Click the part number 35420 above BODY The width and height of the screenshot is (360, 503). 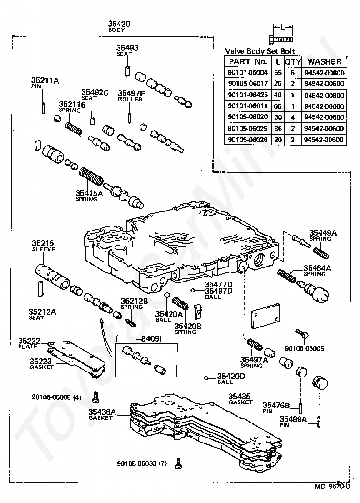tap(119, 24)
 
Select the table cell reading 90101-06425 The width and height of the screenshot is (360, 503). tap(247, 95)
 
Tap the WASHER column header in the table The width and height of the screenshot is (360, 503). tap(325, 61)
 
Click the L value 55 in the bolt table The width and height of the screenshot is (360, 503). tap(278, 73)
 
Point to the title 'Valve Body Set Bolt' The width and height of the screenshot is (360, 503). tap(260, 51)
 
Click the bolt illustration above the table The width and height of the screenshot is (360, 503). tap(280, 40)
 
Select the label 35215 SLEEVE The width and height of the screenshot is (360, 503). tap(43, 246)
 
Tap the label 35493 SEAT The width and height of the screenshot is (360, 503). tap(127, 50)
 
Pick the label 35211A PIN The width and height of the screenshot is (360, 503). tap(45, 83)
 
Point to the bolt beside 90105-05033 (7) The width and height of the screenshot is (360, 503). tap(179, 463)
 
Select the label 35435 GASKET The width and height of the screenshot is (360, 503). tap(240, 399)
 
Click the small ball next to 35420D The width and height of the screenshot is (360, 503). tap(206, 378)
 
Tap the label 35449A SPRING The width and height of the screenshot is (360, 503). tap(323, 236)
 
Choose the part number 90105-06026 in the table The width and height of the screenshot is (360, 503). tap(247, 140)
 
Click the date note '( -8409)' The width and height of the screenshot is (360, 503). tap(139, 338)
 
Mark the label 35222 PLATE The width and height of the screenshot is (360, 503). tap(29, 343)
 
